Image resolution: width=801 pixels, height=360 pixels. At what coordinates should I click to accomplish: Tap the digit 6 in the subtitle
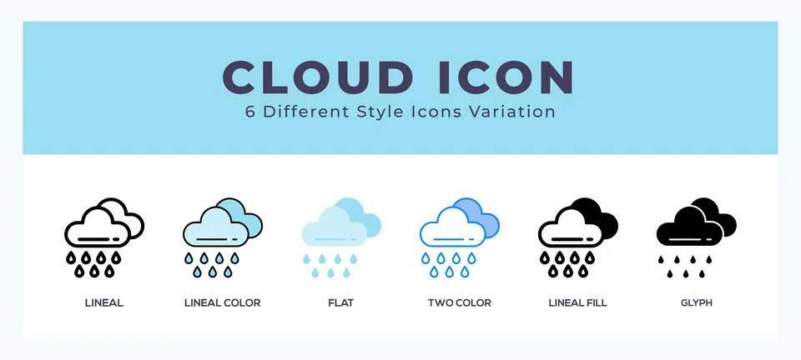pos(250,112)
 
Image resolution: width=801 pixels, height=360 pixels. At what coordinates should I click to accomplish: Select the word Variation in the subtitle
pos(516,112)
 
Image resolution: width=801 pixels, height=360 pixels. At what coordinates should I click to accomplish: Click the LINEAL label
pos(105,303)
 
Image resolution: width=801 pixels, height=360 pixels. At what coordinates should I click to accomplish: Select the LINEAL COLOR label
pos(222,303)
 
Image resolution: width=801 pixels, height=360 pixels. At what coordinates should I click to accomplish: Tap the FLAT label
pos(340,303)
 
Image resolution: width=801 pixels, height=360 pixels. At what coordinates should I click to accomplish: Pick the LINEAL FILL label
pos(577,303)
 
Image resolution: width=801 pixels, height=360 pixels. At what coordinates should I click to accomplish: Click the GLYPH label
pos(696,303)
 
